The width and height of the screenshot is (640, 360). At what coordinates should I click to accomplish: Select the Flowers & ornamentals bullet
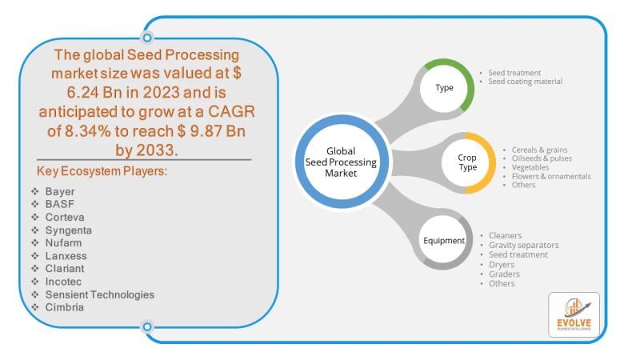point(546,176)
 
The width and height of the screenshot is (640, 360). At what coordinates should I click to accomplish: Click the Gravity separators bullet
point(523,245)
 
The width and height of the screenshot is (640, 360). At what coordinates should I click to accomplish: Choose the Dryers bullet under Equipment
point(501,264)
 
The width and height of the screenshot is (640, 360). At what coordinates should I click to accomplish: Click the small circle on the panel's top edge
point(146,37)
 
